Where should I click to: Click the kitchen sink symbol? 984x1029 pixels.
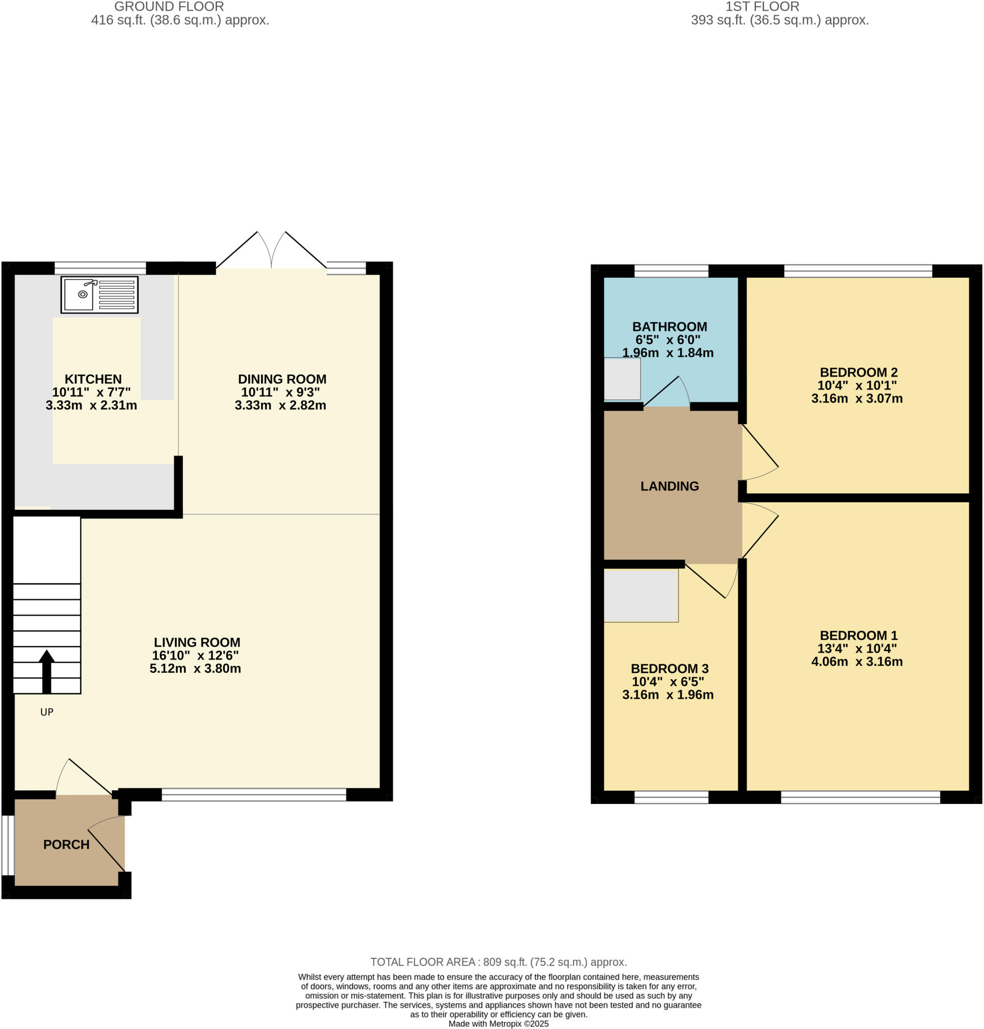99,295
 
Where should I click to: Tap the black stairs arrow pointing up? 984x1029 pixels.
47,672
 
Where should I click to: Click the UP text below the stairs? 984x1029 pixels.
47,712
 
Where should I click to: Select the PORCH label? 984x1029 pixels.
66,844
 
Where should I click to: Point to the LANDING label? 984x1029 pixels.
669,486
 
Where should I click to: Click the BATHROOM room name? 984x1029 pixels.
669,327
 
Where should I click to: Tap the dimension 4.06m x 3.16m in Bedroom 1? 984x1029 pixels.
856,661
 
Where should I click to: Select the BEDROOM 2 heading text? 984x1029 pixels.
858,372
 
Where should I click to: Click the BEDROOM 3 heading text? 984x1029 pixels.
669,669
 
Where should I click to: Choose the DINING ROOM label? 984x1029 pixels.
282,379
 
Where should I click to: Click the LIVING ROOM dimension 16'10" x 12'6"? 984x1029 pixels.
195,655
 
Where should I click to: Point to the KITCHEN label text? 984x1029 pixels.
93,379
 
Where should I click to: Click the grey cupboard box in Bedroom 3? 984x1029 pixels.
640,595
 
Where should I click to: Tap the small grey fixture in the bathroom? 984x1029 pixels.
621,379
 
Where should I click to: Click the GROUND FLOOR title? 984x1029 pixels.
169,7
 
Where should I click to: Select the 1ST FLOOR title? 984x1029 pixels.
762,7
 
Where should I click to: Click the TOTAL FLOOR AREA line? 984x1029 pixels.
498,962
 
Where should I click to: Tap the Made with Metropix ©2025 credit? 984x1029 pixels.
498,1023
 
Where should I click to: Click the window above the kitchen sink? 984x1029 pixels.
100,268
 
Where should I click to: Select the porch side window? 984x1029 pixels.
8,845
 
